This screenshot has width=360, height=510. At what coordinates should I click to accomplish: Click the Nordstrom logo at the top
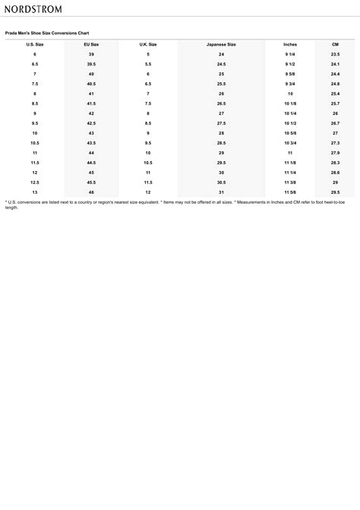tap(33, 8)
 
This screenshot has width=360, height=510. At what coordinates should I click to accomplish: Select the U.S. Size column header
tap(35, 45)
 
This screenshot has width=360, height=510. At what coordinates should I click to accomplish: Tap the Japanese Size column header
tap(221, 45)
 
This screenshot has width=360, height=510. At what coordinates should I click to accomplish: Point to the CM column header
tap(335, 45)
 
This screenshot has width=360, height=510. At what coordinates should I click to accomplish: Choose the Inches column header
tap(290, 45)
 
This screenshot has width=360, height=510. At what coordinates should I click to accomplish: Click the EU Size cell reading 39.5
tap(91, 64)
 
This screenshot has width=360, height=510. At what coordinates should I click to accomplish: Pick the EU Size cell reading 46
tap(91, 192)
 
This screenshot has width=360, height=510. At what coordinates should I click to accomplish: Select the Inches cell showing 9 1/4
tap(290, 55)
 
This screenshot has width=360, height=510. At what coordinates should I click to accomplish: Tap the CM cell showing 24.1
tap(335, 64)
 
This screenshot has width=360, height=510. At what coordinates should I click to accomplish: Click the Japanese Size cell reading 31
tap(221, 192)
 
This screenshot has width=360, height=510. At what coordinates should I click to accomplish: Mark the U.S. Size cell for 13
tap(35, 192)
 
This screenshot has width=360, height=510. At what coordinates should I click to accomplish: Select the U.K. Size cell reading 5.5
tap(148, 64)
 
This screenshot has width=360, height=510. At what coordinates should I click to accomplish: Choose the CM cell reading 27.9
tap(335, 153)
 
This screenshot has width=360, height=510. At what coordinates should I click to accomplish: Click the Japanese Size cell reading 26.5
tap(221, 103)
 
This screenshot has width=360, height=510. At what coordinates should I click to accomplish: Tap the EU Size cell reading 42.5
tap(91, 123)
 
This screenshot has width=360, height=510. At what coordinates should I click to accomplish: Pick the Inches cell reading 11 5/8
tap(290, 192)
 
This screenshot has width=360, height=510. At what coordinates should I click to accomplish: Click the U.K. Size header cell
tap(148, 45)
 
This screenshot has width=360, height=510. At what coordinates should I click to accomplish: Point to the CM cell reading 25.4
tap(335, 93)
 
